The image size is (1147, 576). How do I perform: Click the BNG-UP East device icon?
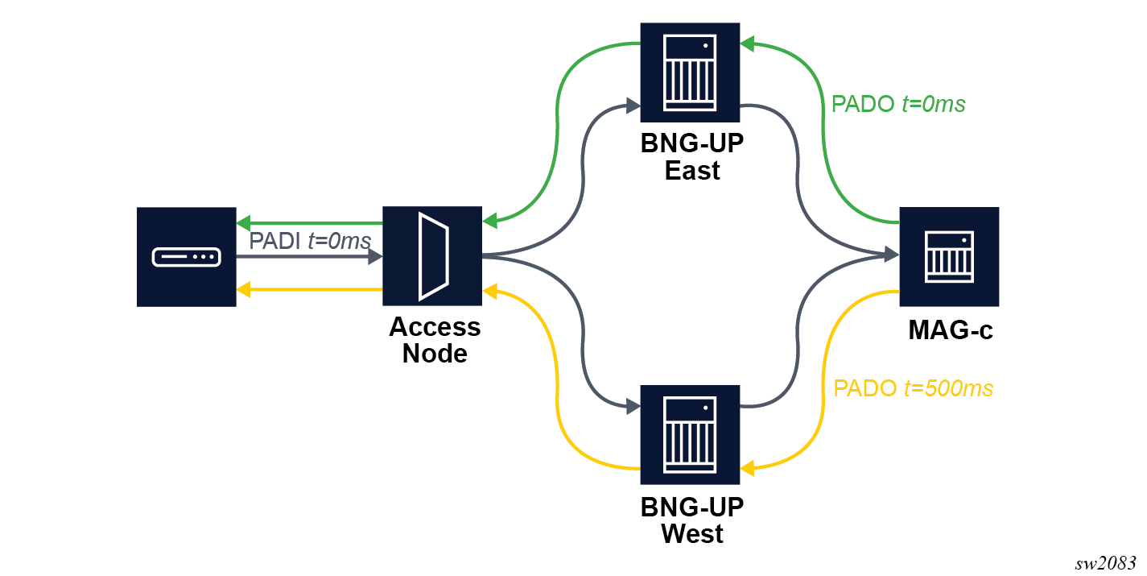pos(690,72)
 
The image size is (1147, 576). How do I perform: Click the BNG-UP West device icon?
pos(690,434)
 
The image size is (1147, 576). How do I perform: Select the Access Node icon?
pos(432,256)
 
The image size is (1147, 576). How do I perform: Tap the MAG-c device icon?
pos(949,256)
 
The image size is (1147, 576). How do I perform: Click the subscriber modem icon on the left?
pos(186,256)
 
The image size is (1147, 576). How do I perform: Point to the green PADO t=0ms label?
pos(898,104)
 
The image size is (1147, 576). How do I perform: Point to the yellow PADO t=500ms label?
pos(914,388)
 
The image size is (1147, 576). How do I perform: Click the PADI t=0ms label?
pos(310,240)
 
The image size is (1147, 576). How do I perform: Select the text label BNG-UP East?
pos(692,157)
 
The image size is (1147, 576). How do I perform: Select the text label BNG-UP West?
pos(692,520)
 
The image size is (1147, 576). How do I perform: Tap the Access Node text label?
pos(435,339)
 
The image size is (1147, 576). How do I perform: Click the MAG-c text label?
pos(950,330)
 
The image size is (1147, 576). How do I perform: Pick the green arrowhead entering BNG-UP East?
pos(748,44)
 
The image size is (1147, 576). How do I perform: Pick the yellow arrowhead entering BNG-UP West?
pos(748,467)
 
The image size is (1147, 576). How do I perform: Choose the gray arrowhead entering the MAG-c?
pos(891,255)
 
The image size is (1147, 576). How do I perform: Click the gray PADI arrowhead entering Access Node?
pos(374,257)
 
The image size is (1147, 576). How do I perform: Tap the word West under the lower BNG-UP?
pos(692,533)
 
